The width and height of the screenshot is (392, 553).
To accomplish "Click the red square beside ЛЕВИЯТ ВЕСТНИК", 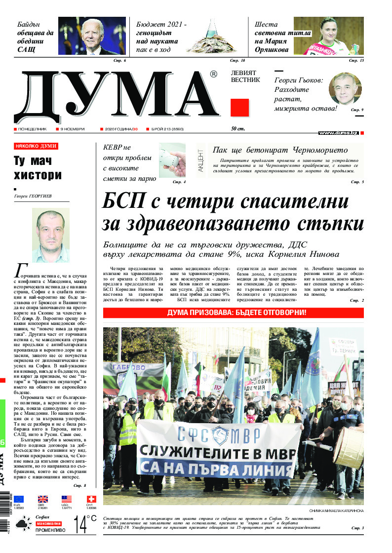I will click(239, 107).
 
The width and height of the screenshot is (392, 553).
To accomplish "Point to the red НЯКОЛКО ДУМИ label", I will click(36, 146).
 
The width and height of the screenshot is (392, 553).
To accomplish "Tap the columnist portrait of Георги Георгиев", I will click(50, 236).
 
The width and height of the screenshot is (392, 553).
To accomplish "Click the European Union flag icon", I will click(19, 499).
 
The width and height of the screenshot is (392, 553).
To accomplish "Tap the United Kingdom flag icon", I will click(43, 499).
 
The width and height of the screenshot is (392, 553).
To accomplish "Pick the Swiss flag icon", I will click(91, 499).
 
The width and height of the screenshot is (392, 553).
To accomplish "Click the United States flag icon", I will click(67, 499).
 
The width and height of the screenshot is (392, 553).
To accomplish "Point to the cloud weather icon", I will click(23, 524).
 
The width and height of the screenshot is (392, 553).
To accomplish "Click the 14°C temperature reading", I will click(84, 524).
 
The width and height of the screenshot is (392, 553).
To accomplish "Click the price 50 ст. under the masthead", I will click(238, 129).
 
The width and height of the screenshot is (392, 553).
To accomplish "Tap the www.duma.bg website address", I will click(338, 133).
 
